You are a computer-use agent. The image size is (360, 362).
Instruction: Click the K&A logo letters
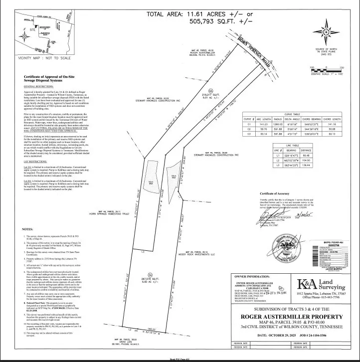point(309,285)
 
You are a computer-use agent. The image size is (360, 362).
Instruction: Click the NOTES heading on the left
point(28,229)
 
